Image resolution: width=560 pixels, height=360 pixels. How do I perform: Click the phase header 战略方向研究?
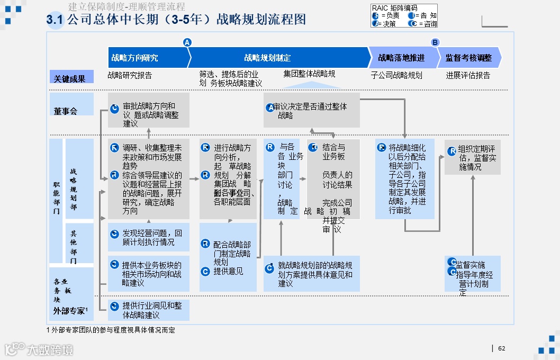135,58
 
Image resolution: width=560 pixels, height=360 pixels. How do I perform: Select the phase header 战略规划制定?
267,58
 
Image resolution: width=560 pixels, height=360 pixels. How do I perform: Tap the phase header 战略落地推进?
401,58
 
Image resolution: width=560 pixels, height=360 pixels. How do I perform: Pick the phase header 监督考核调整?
468,58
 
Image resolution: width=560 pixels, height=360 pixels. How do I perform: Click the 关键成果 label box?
71,78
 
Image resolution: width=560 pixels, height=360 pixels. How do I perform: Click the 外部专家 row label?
71,311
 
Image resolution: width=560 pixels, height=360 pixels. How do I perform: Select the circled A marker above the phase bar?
187,42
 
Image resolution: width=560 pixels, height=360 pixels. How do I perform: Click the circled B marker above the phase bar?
435,42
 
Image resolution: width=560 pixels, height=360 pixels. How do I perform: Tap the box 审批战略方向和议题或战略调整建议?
149,110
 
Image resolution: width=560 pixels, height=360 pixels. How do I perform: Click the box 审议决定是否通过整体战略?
311,110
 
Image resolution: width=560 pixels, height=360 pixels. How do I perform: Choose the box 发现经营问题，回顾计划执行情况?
149,237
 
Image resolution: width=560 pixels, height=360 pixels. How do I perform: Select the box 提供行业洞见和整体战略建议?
149,310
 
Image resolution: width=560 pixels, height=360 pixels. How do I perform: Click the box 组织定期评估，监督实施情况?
472,157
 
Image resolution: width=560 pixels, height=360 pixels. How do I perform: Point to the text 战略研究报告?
130,76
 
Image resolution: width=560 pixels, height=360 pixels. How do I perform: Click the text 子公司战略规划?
396,76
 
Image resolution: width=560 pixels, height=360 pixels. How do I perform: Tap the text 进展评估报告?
468,76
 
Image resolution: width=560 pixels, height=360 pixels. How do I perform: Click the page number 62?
502,348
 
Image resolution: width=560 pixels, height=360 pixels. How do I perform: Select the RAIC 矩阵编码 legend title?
394,8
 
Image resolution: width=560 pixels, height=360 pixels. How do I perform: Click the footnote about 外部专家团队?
111,330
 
